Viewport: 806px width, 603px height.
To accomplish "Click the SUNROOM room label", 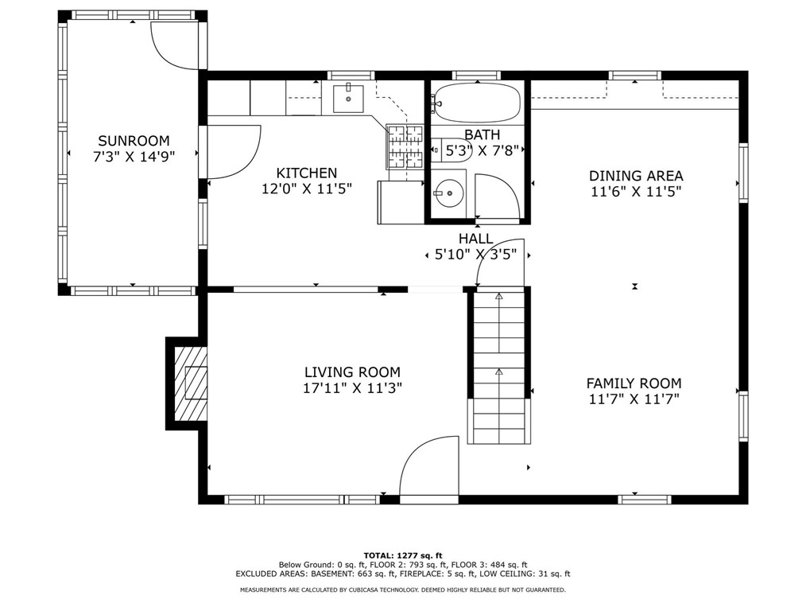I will [x=134, y=141].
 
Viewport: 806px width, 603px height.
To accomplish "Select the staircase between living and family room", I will [x=498, y=366].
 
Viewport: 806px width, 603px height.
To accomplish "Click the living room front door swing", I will [x=429, y=469].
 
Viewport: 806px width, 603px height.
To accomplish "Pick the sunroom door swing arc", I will [x=175, y=46].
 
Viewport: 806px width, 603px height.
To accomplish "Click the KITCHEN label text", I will [x=306, y=173].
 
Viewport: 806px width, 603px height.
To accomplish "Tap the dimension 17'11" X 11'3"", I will [x=352, y=388].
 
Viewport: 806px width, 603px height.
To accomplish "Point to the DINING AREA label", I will [x=636, y=176].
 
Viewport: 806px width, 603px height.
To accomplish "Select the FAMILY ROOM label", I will [x=634, y=383].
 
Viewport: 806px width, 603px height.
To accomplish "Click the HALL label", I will [x=475, y=239].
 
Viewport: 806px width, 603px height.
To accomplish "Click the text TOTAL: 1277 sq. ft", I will [x=403, y=555].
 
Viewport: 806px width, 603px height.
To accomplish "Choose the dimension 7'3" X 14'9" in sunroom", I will [x=134, y=157].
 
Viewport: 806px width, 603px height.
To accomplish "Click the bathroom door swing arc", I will [x=497, y=195].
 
